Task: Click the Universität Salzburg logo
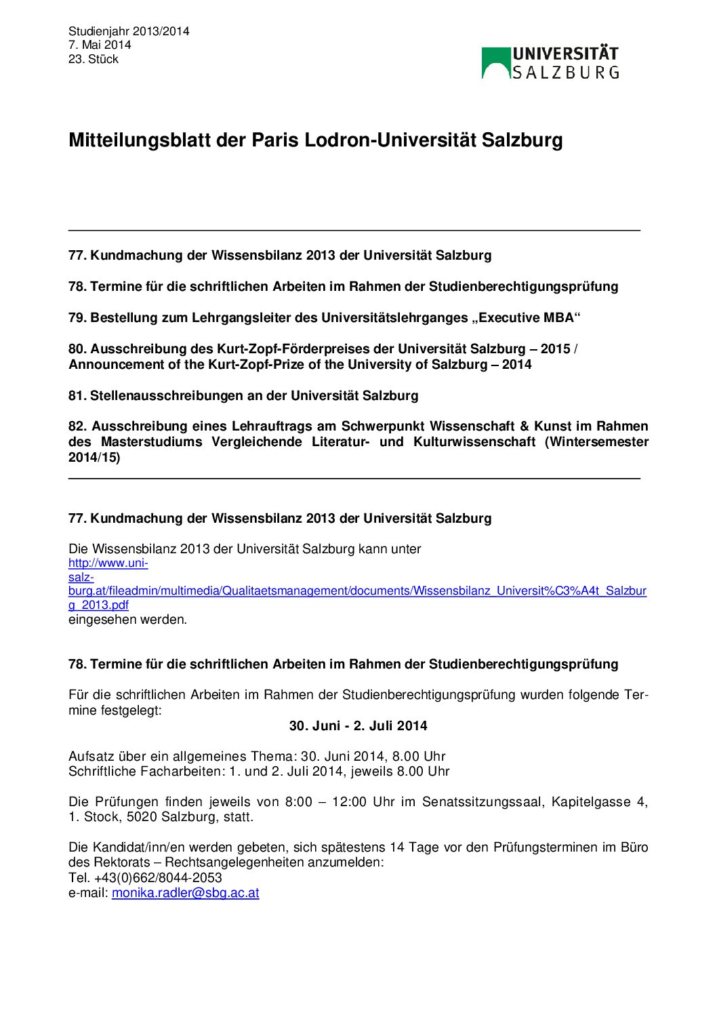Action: click(550, 63)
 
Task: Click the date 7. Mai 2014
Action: click(100, 45)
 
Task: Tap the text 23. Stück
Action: click(94, 59)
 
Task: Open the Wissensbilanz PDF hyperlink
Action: click(357, 591)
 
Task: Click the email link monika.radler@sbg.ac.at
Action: click(186, 893)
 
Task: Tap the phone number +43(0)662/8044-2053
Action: click(158, 878)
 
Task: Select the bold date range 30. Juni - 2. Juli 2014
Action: click(358, 726)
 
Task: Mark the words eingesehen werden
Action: click(127, 620)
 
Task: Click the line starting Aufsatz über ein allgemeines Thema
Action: click(257, 757)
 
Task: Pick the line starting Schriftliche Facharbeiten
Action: click(259, 772)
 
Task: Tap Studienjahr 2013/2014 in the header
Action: click(129, 31)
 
